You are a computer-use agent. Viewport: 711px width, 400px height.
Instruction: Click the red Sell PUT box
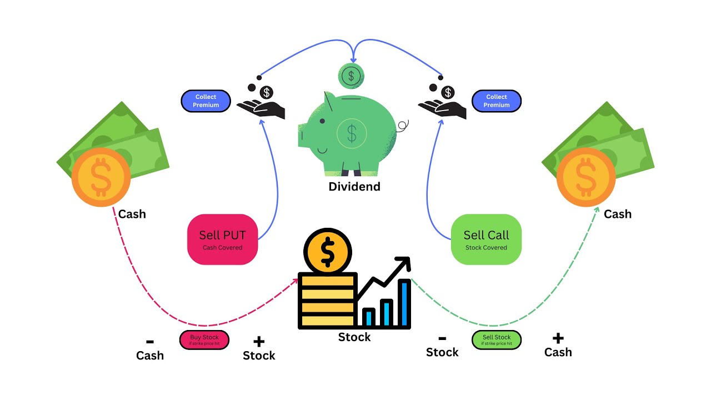pos(222,239)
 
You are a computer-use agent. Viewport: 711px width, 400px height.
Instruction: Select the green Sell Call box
pos(486,239)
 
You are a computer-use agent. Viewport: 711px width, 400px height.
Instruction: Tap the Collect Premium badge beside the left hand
pos(206,101)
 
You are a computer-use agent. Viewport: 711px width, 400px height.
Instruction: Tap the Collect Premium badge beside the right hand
pos(496,101)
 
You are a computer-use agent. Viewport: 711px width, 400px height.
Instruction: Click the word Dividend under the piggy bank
pos(354,187)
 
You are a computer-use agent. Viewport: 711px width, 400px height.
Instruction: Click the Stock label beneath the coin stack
pos(354,337)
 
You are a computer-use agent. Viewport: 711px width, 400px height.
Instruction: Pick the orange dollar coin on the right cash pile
pos(586,177)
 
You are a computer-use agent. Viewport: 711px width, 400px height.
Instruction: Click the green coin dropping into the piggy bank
pos(351,75)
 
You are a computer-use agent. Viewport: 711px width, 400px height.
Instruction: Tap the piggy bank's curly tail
pos(403,126)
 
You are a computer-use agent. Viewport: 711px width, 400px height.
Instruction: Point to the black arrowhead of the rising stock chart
pos(403,264)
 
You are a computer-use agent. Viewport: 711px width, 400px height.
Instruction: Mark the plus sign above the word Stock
pos(259,342)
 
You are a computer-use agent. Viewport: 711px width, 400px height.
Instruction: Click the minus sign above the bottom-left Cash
pos(149,342)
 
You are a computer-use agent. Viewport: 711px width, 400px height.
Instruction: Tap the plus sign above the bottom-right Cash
pos(558,338)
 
